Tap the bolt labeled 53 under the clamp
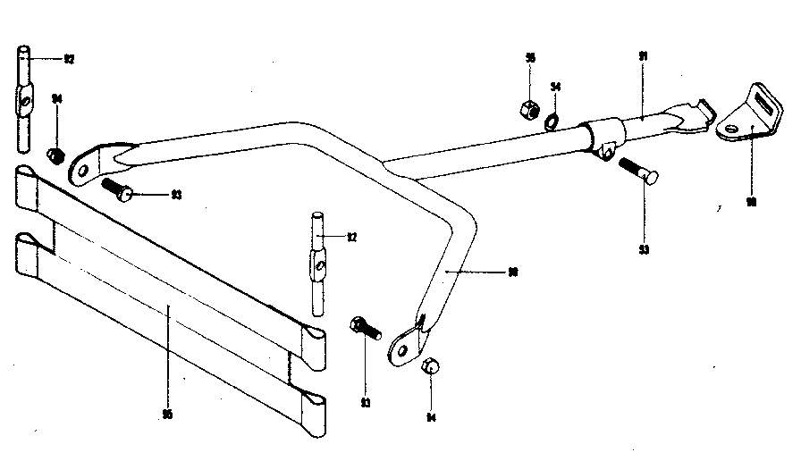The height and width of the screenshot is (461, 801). pos(637,170)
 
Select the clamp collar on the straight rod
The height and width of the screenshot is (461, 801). pos(602,138)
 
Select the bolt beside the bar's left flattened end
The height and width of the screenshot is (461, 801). pos(117,189)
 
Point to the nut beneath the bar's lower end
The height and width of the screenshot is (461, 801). pos(430,365)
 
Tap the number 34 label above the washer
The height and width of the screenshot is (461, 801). pos(555,87)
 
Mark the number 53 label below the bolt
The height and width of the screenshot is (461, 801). pos(644,249)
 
